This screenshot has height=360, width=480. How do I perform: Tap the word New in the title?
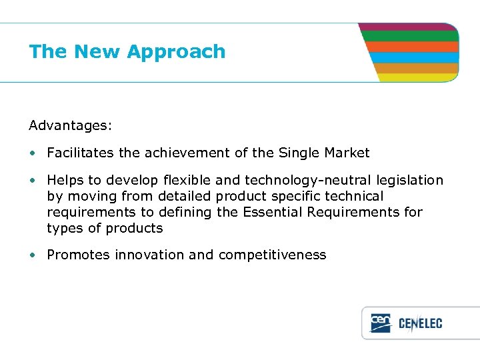tap(97, 52)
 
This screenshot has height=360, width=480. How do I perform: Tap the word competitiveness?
tap(272, 255)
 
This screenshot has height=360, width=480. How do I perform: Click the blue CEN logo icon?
tap(381, 323)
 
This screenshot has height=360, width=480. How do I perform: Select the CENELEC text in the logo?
tap(420, 324)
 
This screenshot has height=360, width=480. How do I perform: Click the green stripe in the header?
tap(410, 37)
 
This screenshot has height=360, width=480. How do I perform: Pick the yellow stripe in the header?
tap(419, 77)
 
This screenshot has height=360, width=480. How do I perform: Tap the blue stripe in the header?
tap(415, 57)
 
